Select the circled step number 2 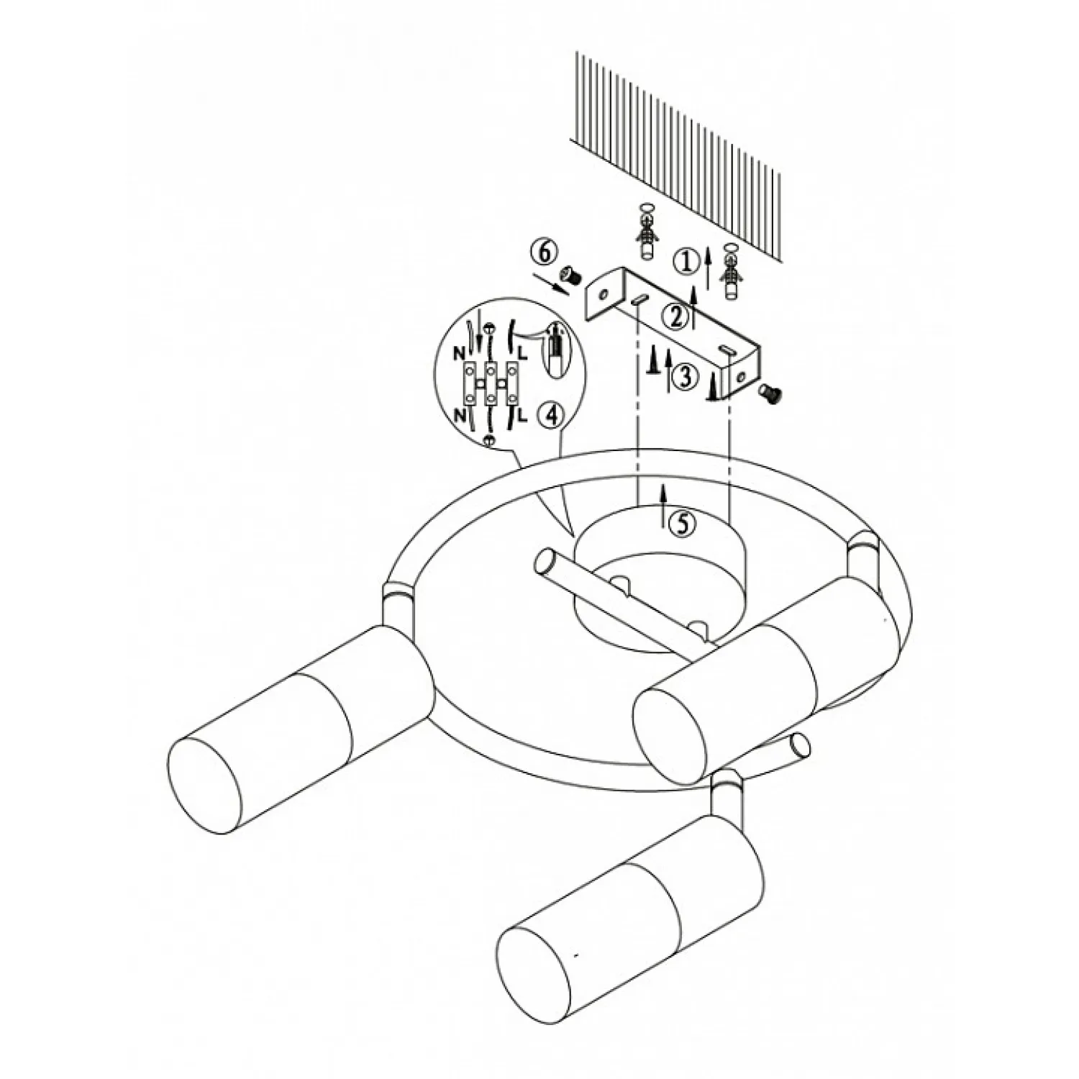(x=675, y=317)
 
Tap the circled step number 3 (x=685, y=376)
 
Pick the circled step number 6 (x=545, y=252)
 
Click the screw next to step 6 (x=570, y=274)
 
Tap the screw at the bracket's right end (x=771, y=391)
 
